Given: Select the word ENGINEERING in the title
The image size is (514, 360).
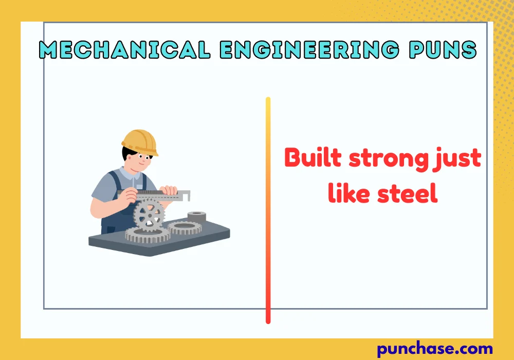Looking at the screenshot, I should click(308, 49).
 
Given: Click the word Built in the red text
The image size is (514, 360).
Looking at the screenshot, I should click(314, 157).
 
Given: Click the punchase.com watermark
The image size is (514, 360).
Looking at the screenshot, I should click(435, 349).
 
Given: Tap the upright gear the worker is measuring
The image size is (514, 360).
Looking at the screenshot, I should click(149, 215).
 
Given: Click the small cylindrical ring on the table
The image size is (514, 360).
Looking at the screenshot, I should click(196, 216).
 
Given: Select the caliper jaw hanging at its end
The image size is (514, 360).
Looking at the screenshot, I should click(188, 196).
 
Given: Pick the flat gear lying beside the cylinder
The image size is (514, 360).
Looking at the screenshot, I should click(185, 227).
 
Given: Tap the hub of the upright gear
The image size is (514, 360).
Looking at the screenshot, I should click(149, 216).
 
